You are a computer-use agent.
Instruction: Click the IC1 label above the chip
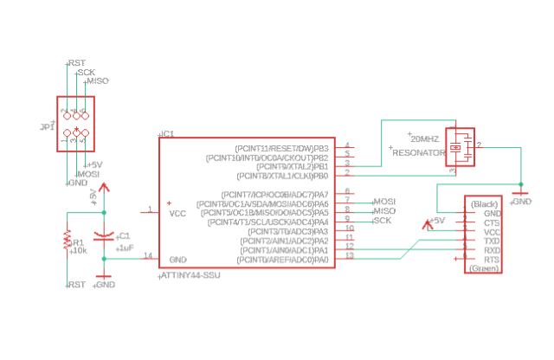tap(167, 134)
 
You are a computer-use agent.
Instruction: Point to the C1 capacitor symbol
tap(104, 235)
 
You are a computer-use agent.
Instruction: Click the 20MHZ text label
tap(425, 138)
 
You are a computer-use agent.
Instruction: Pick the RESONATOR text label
tap(418, 152)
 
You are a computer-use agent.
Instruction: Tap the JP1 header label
tap(47, 127)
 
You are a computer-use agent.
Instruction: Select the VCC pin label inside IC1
tap(177, 213)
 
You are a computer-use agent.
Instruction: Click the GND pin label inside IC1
tap(178, 259)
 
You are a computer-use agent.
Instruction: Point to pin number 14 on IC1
tap(148, 255)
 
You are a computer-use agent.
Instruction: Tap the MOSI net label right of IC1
tap(383, 201)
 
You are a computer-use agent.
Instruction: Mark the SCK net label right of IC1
tap(382, 221)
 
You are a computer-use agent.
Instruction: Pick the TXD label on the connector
tap(492, 241)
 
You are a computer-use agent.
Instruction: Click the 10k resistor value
tap(79, 251)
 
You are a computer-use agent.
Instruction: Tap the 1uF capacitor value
tap(126, 247)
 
